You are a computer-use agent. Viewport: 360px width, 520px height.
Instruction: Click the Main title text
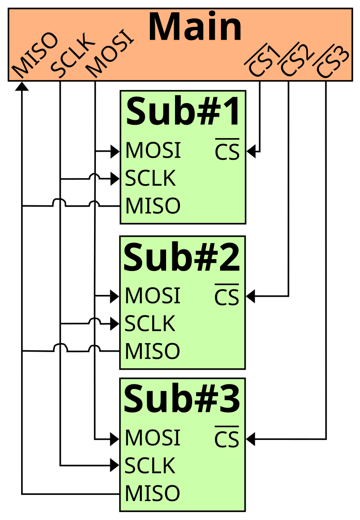point(195,27)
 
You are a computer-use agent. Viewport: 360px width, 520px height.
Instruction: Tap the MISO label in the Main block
point(35,55)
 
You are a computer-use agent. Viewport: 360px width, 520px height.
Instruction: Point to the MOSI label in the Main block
point(110,54)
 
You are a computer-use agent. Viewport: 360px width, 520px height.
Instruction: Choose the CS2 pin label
point(297,61)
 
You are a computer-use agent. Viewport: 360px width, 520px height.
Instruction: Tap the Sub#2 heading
point(182,258)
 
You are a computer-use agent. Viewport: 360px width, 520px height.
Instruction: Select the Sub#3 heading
point(182,399)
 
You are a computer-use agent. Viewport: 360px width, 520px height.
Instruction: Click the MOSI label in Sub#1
point(153,151)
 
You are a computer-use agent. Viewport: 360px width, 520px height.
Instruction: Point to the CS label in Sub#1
point(227,152)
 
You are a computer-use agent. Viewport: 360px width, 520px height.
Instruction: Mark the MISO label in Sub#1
point(153,206)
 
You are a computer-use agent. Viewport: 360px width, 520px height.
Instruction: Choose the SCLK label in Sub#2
point(150,324)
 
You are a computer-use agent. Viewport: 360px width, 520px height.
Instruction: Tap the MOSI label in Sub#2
point(153,296)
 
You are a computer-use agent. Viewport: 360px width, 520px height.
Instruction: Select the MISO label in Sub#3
point(152,493)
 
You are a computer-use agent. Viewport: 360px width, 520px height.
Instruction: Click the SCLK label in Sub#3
point(150,466)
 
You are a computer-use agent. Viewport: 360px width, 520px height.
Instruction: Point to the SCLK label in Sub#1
point(150,179)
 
